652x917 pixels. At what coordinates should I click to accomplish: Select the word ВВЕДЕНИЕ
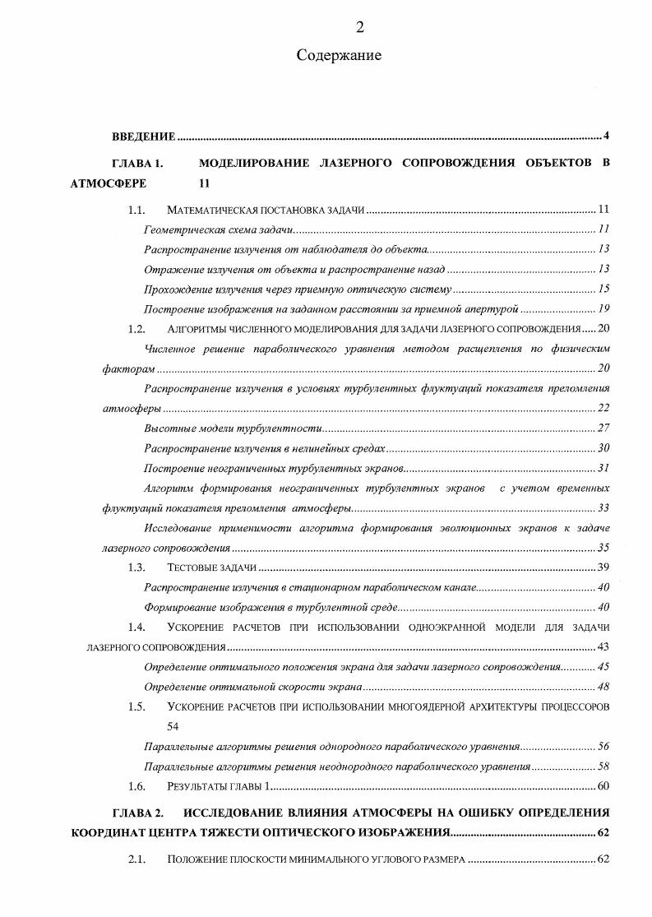tap(144, 136)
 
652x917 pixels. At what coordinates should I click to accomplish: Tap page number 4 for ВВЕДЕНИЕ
tap(605, 136)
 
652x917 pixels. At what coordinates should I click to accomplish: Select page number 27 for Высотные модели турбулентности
tap(603, 428)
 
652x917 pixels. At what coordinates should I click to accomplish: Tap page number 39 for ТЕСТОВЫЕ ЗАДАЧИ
tap(603, 567)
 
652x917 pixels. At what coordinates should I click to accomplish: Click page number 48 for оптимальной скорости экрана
tap(603, 687)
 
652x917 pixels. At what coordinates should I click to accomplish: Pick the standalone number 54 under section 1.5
tap(173, 726)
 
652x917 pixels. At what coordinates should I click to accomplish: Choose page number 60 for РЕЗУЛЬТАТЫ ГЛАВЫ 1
tap(603, 786)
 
